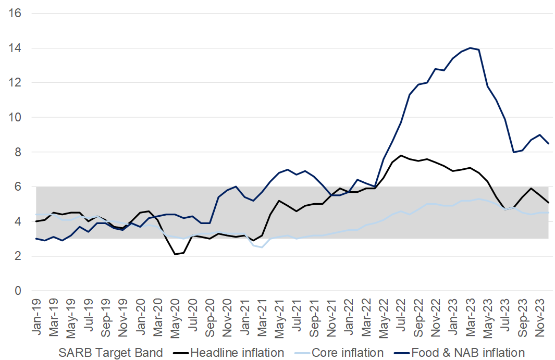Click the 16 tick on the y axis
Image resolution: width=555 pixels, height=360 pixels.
click(15, 13)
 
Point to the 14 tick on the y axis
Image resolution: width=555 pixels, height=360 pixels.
click(15, 48)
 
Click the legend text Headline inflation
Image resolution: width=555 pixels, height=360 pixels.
click(237, 353)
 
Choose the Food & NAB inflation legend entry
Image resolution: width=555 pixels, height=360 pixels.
click(468, 353)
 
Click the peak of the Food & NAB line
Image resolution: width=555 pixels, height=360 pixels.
click(470, 48)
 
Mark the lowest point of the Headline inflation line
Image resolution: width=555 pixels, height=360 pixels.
click(175, 254)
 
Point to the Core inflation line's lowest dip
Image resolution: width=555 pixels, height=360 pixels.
click(262, 247)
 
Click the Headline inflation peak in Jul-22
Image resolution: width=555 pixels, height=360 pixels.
click(401, 155)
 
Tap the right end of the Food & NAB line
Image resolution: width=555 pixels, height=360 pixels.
click(549, 143)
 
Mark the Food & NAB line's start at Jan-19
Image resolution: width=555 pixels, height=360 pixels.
click(36, 239)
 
